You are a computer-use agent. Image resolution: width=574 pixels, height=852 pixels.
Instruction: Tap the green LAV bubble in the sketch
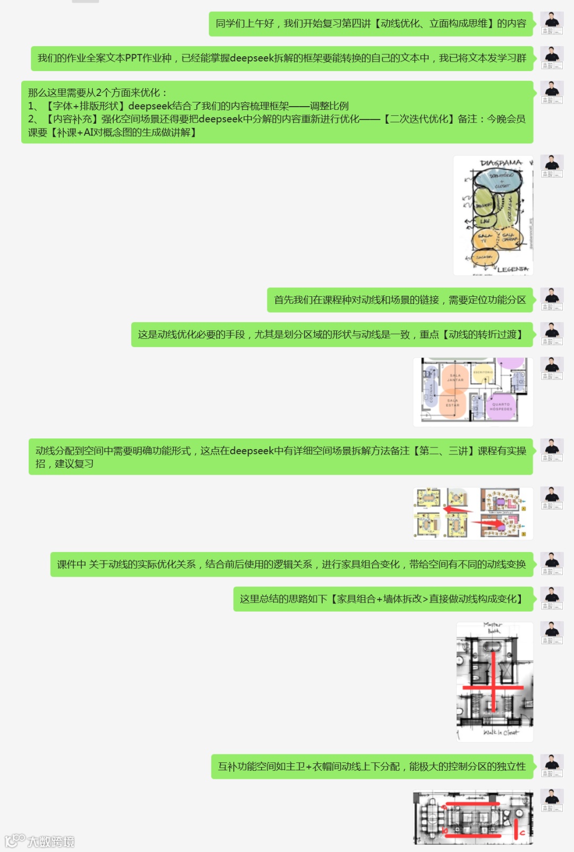(484, 220)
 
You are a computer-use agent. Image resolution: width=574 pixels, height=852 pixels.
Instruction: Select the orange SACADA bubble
(484, 257)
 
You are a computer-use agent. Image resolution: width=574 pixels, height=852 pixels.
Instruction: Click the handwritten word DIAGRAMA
(501, 162)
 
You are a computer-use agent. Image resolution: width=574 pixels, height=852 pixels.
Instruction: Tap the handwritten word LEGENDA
(512, 270)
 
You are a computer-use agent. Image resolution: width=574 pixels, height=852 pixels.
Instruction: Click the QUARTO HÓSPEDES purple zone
(501, 406)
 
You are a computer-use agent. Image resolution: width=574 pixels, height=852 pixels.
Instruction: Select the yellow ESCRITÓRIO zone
(483, 372)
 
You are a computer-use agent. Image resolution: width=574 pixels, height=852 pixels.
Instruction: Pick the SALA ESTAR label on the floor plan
(452, 403)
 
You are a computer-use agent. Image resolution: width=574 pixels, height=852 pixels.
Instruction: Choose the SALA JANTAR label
(455, 377)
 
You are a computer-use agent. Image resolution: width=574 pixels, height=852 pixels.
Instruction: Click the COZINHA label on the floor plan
(430, 393)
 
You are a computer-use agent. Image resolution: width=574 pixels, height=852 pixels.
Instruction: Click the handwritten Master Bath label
(493, 627)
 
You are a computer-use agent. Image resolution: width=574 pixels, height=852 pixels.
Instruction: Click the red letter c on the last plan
(522, 833)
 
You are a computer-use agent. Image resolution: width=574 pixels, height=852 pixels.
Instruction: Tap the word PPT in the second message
(133, 58)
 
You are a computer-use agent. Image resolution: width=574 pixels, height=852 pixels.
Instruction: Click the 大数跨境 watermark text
(51, 841)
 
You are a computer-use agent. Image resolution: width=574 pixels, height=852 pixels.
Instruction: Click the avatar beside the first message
(552, 23)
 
